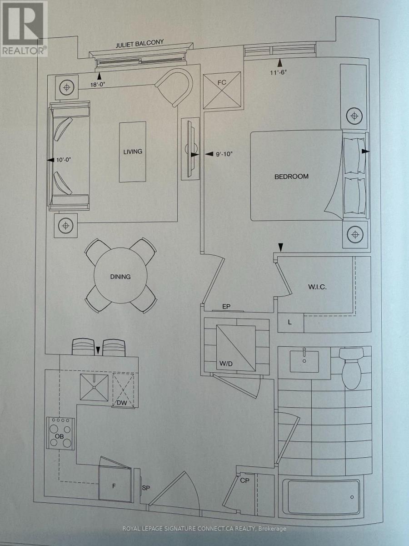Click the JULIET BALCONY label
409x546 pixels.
pos(140,44)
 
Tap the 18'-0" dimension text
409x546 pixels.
pos(98,84)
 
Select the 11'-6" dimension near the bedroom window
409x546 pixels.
pos(279,73)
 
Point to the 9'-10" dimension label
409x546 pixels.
pos(224,154)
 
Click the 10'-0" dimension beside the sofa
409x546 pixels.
pos(64,160)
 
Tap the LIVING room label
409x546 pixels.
pos(133,152)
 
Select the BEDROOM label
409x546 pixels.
pos(291,177)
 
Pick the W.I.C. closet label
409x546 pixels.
pos(317,287)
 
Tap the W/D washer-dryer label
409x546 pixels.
pos(226,364)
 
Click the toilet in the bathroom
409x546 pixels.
pos(351,368)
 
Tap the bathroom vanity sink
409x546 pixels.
pos(304,361)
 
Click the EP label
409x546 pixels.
pos(226,307)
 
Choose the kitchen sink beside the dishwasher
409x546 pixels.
pos(94,387)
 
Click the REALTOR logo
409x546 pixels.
pos(24,28)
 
